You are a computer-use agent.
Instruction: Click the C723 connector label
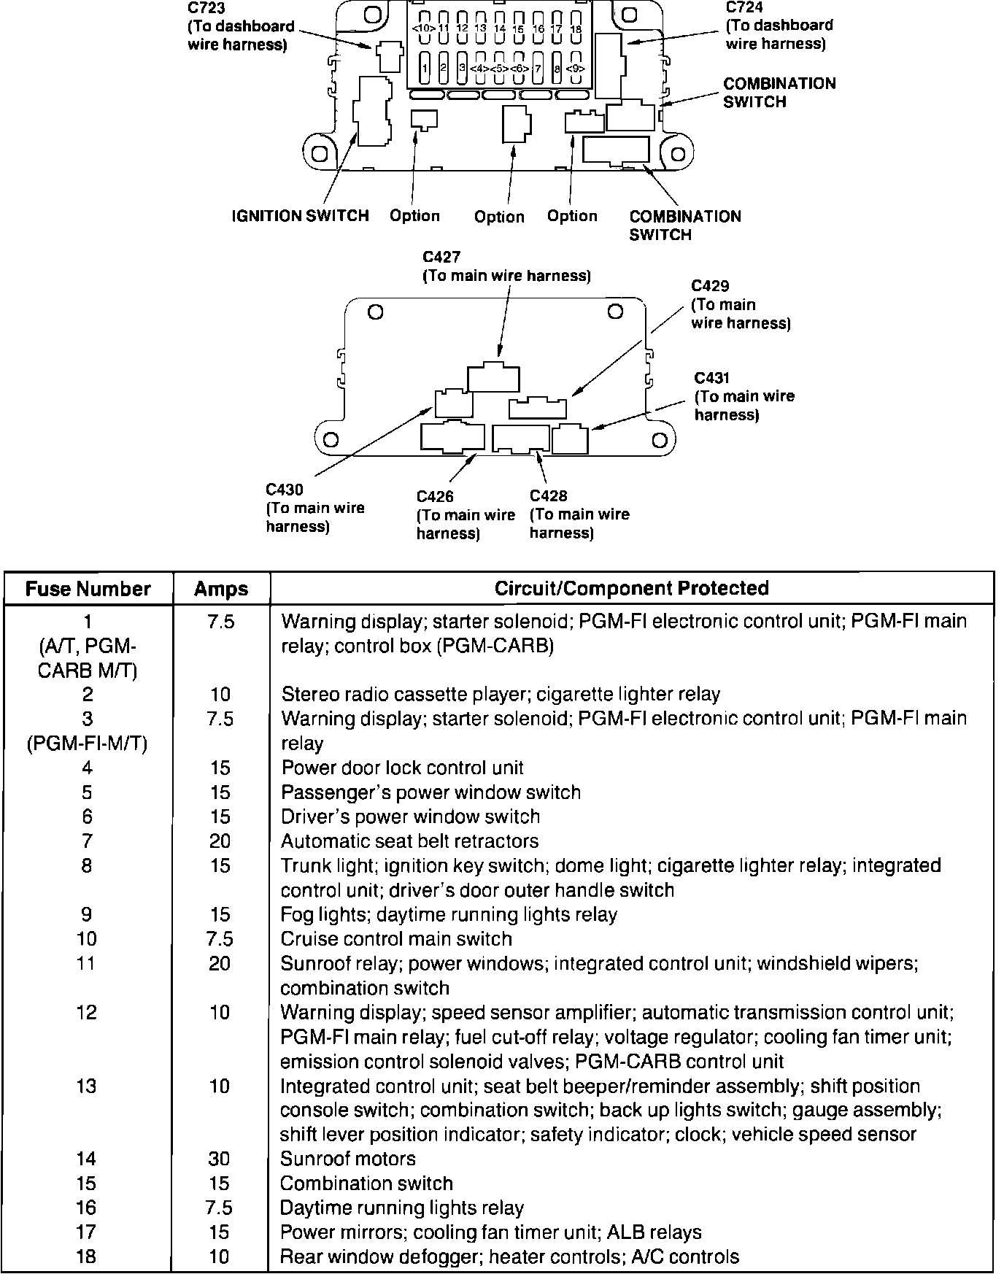[206, 9]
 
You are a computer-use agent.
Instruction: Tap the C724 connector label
[744, 7]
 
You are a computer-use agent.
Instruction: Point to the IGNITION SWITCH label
[300, 216]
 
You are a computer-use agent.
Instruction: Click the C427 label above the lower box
[441, 257]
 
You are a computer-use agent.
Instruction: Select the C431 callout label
[711, 377]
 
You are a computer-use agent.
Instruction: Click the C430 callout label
[285, 490]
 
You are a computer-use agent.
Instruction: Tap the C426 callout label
[435, 496]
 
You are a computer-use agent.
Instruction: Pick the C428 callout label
[548, 496]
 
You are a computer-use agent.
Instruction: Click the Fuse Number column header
[88, 589]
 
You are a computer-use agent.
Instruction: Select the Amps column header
[220, 589]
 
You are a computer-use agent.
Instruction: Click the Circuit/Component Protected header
[631, 588]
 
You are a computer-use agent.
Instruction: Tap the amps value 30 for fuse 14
[219, 1159]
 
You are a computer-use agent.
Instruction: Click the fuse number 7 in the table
[87, 841]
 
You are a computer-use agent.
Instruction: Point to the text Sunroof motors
[347, 1159]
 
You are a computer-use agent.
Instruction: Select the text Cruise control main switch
[395, 939]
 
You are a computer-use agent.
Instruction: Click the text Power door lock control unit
[402, 768]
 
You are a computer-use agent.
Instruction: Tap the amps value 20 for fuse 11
[219, 964]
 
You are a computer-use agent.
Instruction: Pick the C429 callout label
[710, 285]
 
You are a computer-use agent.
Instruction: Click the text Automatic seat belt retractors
[409, 841]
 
